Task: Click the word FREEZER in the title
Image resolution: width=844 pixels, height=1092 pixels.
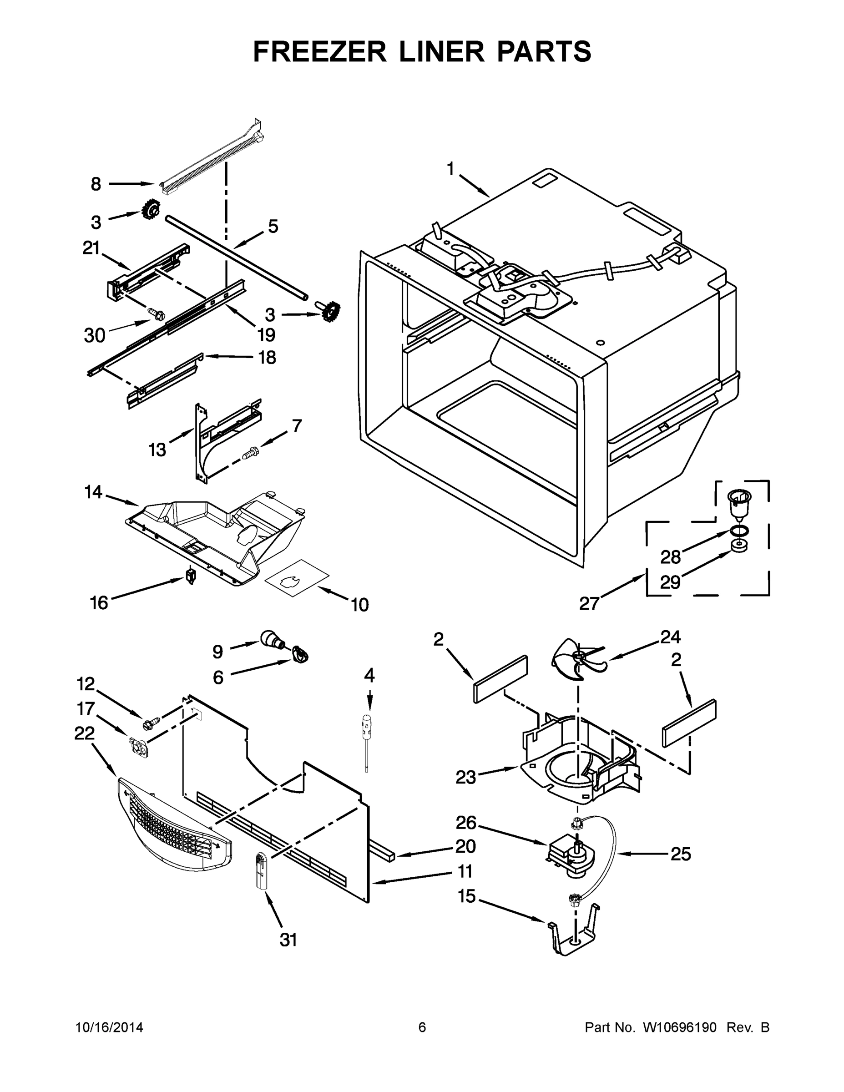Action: point(320,51)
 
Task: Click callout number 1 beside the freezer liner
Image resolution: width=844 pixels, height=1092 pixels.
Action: point(450,169)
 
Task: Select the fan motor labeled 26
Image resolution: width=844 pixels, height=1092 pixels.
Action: point(570,856)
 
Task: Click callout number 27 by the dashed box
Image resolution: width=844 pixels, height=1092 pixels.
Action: point(589,603)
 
